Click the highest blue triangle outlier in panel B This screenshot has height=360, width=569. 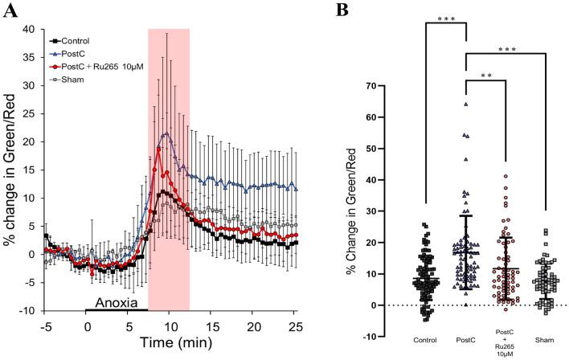click(x=465, y=104)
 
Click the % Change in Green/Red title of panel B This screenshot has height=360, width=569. click(x=350, y=211)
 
